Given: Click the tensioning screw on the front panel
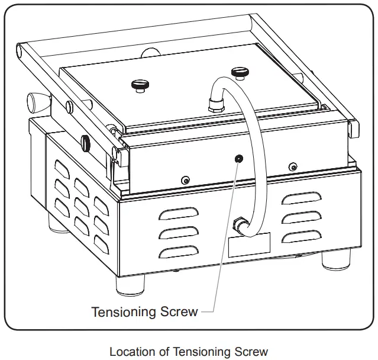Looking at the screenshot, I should click(238, 158).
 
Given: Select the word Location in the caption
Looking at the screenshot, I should click(133, 352).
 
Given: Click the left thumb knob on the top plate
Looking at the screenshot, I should click(139, 85).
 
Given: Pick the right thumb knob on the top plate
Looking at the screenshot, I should click(240, 73).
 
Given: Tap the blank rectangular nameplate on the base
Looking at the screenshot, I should click(249, 245).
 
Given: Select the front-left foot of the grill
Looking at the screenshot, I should click(129, 285).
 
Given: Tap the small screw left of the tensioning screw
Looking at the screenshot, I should click(185, 180).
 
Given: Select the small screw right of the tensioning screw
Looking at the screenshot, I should click(291, 166).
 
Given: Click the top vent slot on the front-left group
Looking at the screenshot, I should click(178, 213).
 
